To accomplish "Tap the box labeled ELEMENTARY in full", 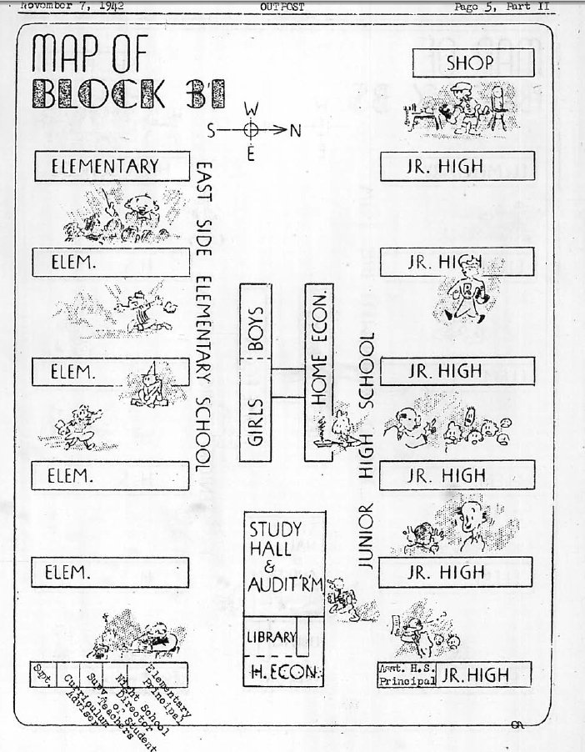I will coord(104,166).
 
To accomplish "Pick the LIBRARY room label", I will coord(270,638).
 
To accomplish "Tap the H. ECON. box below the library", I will coord(282,674).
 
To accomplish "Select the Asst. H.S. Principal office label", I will coord(407,674).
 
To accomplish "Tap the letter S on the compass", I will coord(212,130).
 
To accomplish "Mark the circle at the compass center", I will coord(251,130).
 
